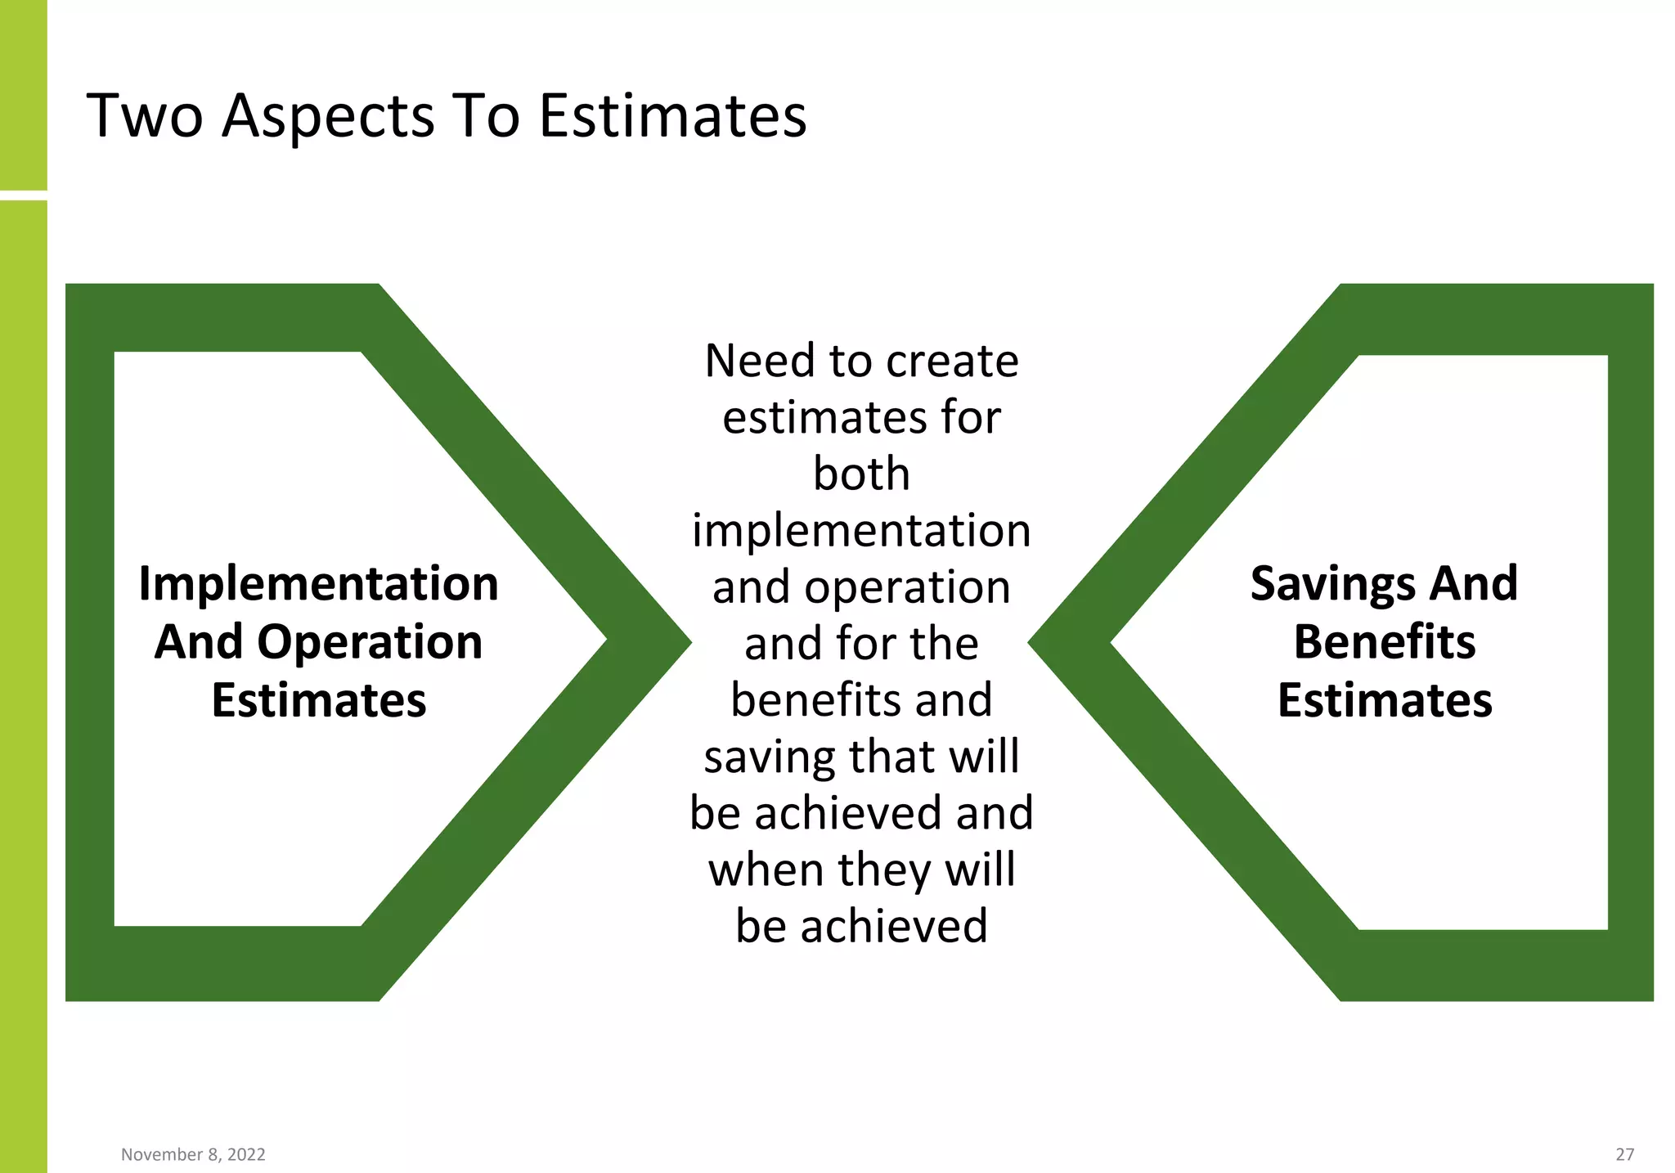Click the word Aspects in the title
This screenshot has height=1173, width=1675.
(x=328, y=116)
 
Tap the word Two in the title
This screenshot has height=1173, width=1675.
(x=145, y=116)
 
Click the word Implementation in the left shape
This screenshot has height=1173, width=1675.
(x=318, y=584)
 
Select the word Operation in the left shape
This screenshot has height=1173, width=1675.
(x=370, y=642)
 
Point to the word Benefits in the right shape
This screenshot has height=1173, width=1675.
(x=1385, y=642)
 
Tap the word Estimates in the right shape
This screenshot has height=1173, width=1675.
(x=1385, y=701)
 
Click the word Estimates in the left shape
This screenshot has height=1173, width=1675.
(x=318, y=701)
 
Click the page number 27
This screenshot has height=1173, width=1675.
(x=1624, y=1154)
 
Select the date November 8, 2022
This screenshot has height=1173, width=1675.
(x=193, y=1154)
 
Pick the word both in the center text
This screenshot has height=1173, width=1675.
(x=861, y=474)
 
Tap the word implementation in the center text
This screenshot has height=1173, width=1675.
(x=861, y=531)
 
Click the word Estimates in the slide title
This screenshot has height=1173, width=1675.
(x=672, y=116)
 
